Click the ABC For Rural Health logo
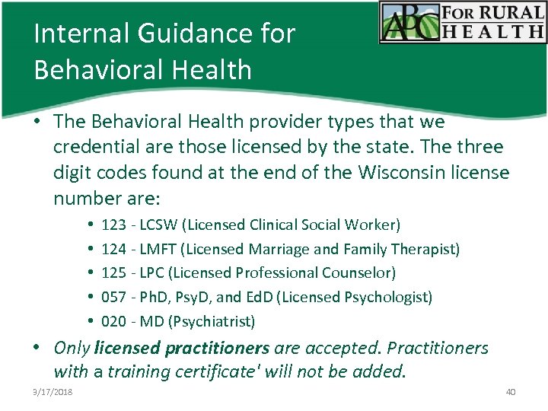(x=462, y=23)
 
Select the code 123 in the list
(x=113, y=225)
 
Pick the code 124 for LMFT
(x=113, y=249)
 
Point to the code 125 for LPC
(x=113, y=272)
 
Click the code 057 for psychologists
(x=113, y=297)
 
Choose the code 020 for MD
(x=113, y=321)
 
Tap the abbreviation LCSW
(x=159, y=225)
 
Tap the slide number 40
(x=510, y=391)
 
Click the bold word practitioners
(x=221, y=349)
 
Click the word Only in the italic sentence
(x=72, y=349)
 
